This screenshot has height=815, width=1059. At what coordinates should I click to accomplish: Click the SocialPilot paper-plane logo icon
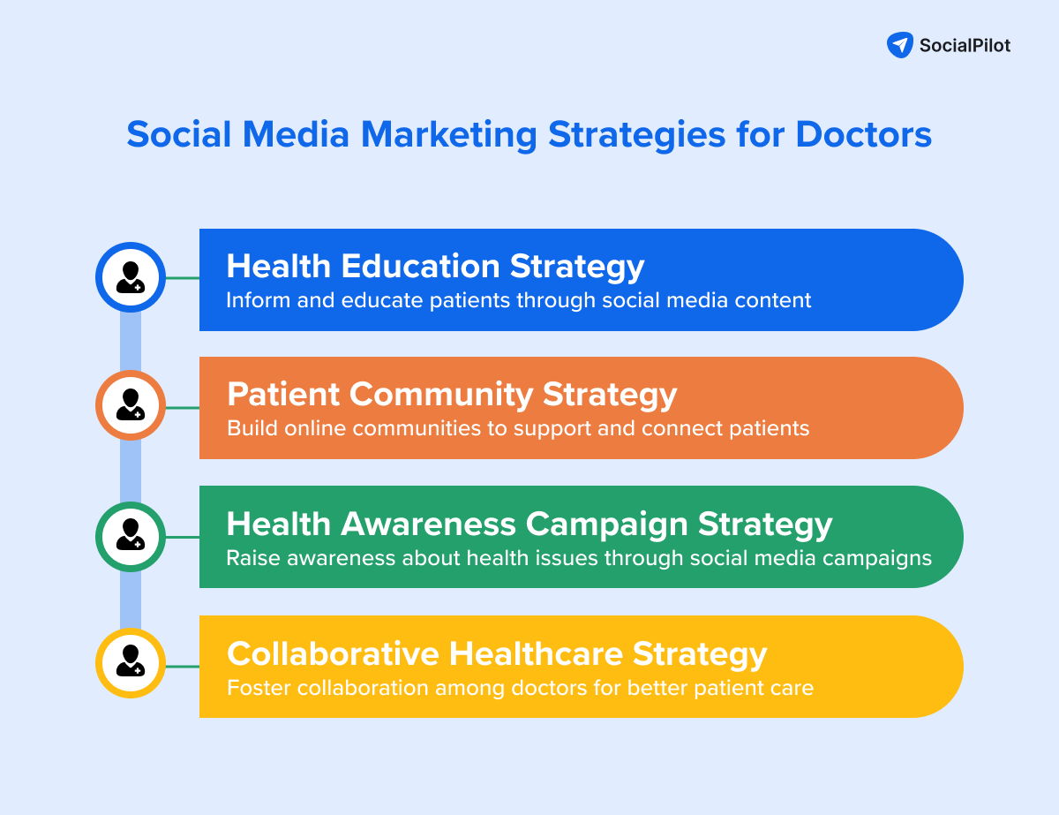click(x=899, y=45)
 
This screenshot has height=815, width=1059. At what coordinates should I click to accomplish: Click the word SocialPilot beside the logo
click(x=965, y=46)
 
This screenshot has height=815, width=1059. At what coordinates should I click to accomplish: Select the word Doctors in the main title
click(x=863, y=135)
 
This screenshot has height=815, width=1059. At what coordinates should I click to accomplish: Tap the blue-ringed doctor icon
click(x=131, y=277)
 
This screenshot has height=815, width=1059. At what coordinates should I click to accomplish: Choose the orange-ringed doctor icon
click(x=131, y=405)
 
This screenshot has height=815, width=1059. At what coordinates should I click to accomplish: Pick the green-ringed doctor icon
click(x=131, y=536)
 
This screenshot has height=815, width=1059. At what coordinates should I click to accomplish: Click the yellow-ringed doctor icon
click(x=131, y=663)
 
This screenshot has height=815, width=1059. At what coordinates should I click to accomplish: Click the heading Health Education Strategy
click(x=435, y=266)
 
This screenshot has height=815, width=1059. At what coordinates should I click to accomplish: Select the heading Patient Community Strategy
click(x=452, y=394)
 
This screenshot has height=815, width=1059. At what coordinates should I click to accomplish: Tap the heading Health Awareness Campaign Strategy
click(x=529, y=524)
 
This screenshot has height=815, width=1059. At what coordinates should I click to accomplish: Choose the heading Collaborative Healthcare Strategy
click(x=497, y=653)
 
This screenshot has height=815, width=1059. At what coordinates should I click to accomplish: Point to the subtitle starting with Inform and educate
click(x=518, y=300)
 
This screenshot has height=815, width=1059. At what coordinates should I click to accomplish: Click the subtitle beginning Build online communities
click(x=518, y=428)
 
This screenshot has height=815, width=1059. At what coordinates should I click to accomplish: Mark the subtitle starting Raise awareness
click(x=578, y=558)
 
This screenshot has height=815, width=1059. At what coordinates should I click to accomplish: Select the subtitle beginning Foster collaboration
click(x=520, y=687)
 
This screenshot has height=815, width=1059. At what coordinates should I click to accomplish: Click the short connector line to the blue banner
click(x=183, y=278)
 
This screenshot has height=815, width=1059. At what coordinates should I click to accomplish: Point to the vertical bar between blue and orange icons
click(x=131, y=342)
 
